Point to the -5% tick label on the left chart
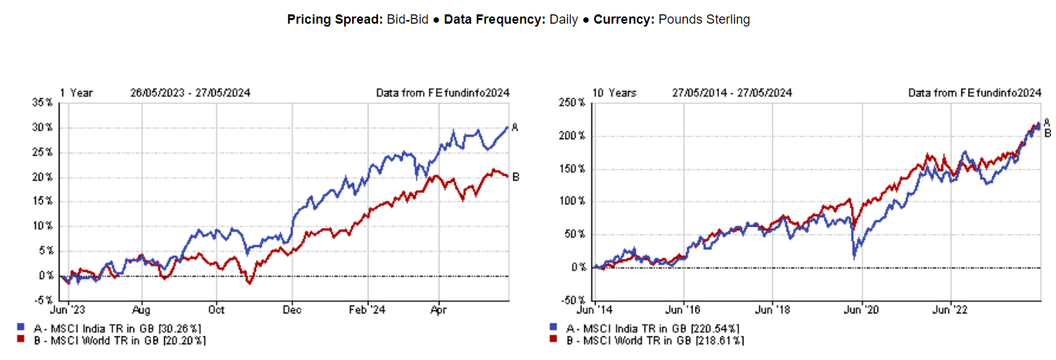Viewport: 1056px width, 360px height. tap(44, 300)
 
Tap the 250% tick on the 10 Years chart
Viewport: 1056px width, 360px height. tap(572, 103)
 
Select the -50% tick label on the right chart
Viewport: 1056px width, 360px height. tap(572, 300)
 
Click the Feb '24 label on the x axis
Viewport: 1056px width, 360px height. tap(367, 311)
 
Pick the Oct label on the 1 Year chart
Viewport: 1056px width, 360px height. tap(217, 311)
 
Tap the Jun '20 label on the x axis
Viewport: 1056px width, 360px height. tap(861, 311)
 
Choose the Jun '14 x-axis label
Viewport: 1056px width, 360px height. tap(594, 311)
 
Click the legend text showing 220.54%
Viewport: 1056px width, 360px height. tap(652, 328)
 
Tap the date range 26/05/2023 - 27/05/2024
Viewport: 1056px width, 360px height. tap(190, 93)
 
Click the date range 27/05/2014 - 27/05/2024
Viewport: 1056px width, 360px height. tap(732, 93)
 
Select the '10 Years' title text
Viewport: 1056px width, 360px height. tap(614, 93)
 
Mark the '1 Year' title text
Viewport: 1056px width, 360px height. tap(76, 93)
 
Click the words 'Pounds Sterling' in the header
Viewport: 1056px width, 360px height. tap(704, 20)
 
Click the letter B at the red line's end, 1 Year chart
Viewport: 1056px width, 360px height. tap(515, 177)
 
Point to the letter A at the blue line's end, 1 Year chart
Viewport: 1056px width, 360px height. tap(515, 128)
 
